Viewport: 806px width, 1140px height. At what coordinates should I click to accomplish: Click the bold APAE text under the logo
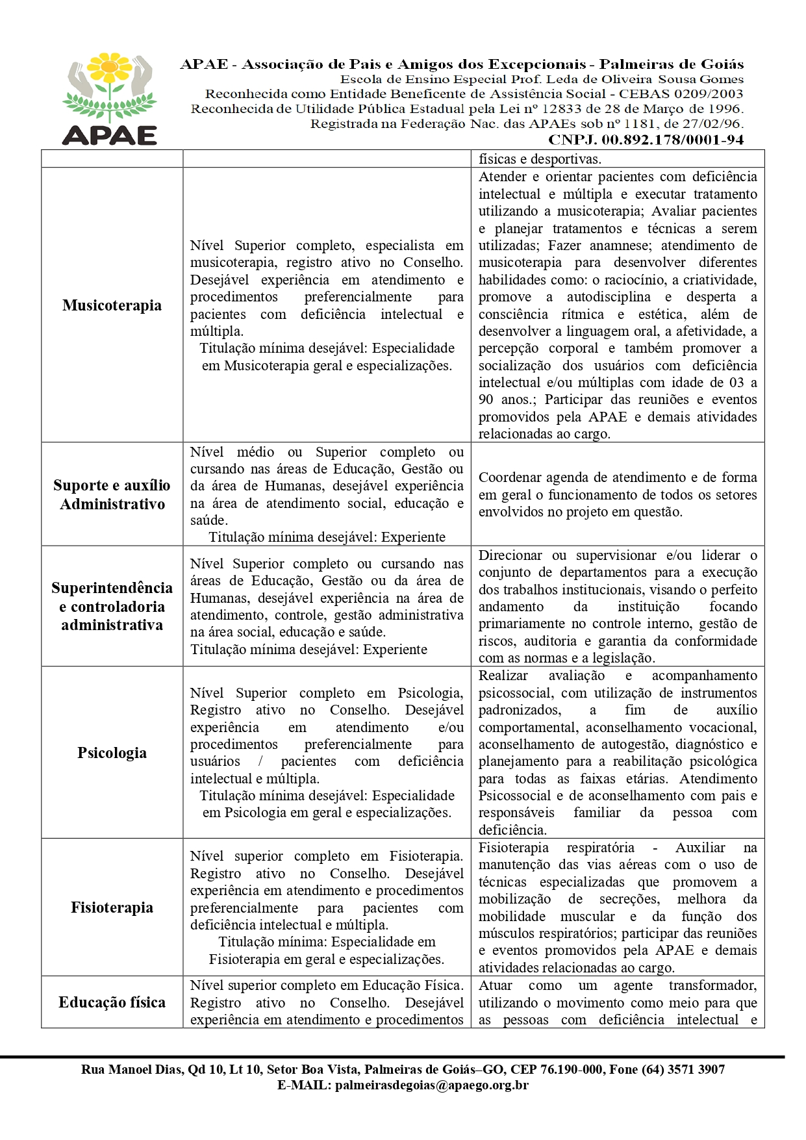[x=110, y=134]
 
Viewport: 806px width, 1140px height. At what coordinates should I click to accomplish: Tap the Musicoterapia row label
[x=112, y=305]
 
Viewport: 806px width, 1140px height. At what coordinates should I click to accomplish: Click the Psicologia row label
[x=112, y=753]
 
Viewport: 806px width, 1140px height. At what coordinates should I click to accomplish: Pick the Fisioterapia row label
[x=112, y=907]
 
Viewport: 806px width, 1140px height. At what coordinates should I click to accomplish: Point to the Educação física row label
[x=112, y=1002]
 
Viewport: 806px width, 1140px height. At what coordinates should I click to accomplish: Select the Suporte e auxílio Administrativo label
[x=112, y=494]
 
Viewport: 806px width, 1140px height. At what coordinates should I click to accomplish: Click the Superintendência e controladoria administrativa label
[x=112, y=606]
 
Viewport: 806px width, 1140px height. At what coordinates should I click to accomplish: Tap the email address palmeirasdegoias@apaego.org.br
[x=431, y=1085]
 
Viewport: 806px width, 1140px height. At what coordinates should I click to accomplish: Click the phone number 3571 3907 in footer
[x=696, y=1069]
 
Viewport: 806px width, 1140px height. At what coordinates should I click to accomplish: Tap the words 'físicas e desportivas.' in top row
[x=540, y=159]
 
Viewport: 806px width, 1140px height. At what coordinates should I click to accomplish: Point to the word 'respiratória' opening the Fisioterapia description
[x=601, y=848]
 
